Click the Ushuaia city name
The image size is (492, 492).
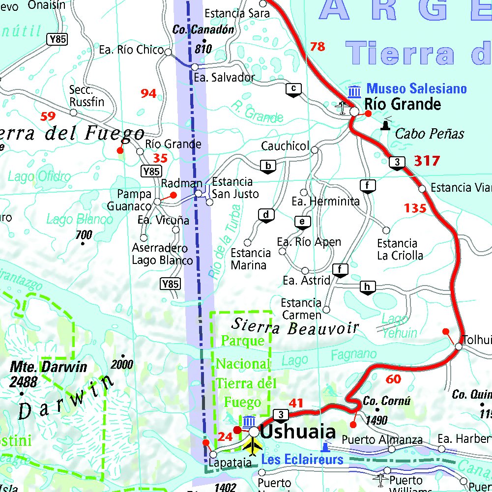pos(298,432)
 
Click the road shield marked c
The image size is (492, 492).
pos(293,89)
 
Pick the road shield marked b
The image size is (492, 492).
pos(268,166)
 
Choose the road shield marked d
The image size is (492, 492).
pos(266,215)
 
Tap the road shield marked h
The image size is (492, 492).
pos(368,287)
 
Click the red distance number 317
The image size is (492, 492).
pos(427,161)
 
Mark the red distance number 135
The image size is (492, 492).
pos(415,208)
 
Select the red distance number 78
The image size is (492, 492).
pos(318,47)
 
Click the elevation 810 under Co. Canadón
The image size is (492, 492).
pos(203,49)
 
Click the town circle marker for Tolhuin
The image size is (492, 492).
pos(458,347)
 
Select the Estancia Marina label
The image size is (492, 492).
pos(251,259)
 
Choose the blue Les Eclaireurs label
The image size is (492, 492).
pos(302,460)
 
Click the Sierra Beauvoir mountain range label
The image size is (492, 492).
pos(295,326)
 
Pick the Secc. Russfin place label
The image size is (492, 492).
pos(87,96)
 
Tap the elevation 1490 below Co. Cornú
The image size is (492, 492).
pos(377,420)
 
